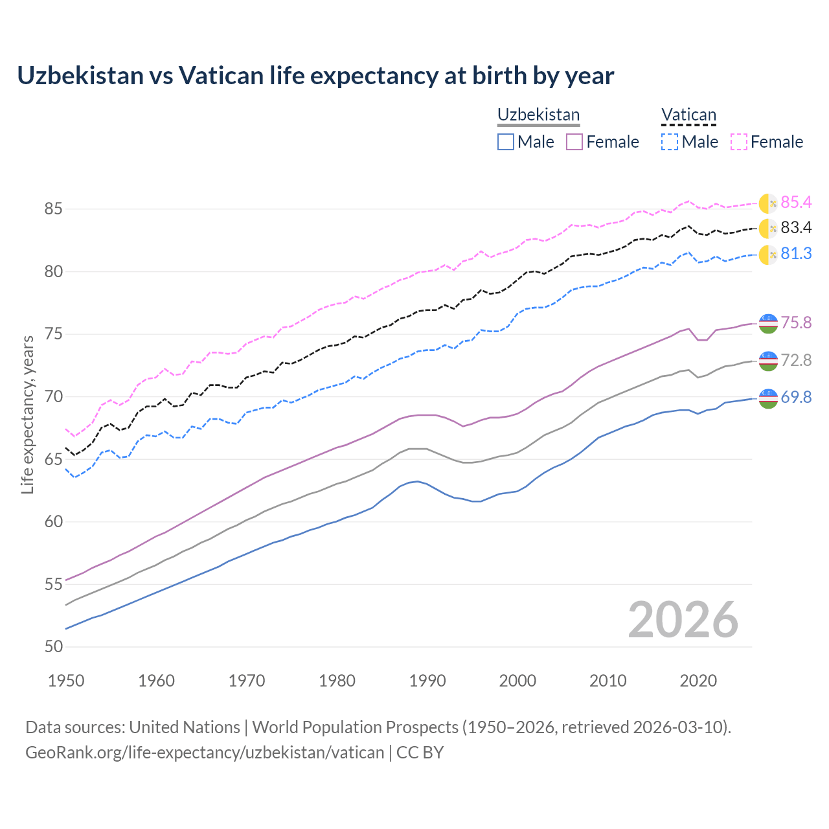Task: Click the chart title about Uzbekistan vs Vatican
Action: click(x=315, y=76)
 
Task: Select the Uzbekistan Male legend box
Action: click(x=506, y=142)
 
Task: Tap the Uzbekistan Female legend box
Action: click(x=575, y=142)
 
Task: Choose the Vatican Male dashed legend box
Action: click(x=670, y=142)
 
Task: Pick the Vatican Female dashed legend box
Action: click(x=739, y=142)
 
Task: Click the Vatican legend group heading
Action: click(x=688, y=115)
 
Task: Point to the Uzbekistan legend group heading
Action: click(x=538, y=115)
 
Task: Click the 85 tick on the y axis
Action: click(x=53, y=209)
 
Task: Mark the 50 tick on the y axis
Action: click(x=53, y=647)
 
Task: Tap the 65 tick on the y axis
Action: click(x=53, y=459)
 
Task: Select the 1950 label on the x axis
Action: click(x=66, y=681)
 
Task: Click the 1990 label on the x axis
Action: click(x=427, y=681)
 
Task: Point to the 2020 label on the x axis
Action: click(x=698, y=681)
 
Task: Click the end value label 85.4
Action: click(x=796, y=203)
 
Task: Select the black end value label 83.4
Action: click(x=796, y=228)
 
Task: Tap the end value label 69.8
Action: click(x=796, y=398)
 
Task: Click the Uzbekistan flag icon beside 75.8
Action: click(x=768, y=323)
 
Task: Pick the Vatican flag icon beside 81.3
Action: click(x=768, y=255)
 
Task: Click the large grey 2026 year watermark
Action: click(x=683, y=620)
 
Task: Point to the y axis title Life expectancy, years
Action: click(x=27, y=414)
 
